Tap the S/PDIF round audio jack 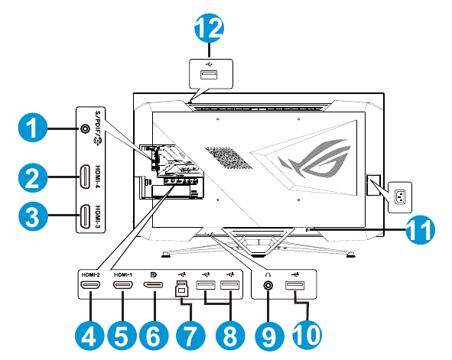[85, 128]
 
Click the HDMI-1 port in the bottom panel [122, 287]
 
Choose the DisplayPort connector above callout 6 [153, 287]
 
